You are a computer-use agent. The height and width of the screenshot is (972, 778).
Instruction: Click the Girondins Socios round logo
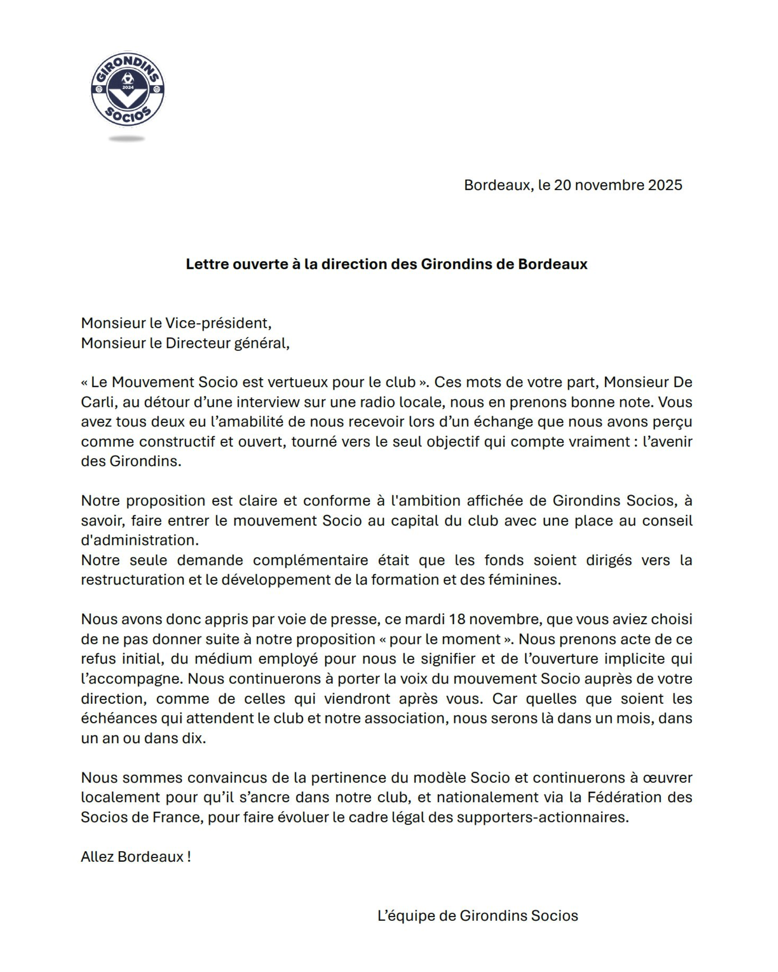128,89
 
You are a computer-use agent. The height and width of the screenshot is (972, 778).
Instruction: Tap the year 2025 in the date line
665,185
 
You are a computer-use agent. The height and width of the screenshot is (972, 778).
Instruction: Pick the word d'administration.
140,540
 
